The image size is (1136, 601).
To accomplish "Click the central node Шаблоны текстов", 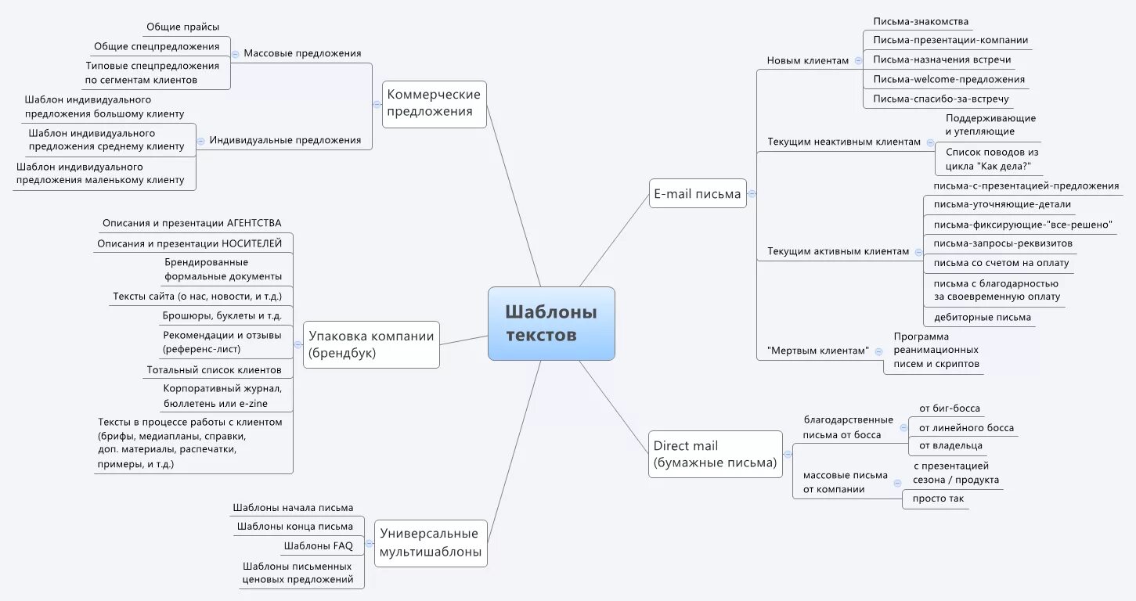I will point(551,323).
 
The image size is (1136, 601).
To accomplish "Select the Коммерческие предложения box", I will point(435,103).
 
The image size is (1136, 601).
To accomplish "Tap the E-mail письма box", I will point(697,194).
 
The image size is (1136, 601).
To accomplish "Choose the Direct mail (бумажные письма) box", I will point(715,455).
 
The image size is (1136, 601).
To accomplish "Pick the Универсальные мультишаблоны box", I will point(430,544).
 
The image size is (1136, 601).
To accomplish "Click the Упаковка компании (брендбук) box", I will point(371,344).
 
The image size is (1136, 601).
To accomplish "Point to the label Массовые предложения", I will point(302,54).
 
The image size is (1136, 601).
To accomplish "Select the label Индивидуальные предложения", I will point(286,141).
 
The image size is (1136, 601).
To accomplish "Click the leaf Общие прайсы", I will point(183,27).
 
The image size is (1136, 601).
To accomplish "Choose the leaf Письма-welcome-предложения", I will point(949,80).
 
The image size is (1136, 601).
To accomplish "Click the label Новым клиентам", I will point(807,60).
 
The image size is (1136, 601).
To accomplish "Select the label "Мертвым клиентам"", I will point(818,351).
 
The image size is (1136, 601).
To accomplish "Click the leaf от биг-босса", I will point(949,408).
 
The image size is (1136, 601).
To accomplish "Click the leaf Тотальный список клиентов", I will point(214,370).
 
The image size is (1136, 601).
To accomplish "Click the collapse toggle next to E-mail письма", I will point(752,194).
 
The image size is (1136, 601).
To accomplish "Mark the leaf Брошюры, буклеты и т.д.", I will point(222,316).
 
